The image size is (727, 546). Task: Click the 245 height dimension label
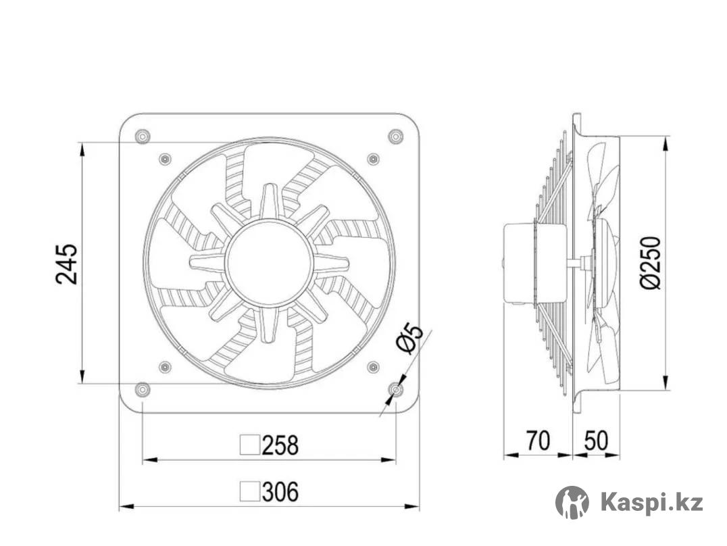coord(67,264)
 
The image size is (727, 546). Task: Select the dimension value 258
coord(280,445)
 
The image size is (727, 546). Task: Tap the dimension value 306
coord(280,492)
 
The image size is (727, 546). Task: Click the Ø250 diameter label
coord(650,263)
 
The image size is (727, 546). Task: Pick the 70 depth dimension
coord(538,441)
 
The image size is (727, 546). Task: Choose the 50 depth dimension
coord(596,441)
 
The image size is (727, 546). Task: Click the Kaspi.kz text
coord(651,503)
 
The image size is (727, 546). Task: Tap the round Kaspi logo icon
coord(572,503)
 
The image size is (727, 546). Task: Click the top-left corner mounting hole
coord(142,136)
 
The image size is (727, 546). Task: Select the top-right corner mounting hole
coord(396,136)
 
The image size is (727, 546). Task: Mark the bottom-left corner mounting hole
coord(142,389)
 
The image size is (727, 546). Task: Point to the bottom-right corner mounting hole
coord(397,389)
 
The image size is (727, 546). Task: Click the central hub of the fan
coord(269,263)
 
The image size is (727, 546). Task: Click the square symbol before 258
coord(250,445)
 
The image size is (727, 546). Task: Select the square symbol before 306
coord(250,492)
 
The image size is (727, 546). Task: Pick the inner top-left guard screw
coord(165,159)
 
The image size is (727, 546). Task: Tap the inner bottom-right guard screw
coord(373,367)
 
